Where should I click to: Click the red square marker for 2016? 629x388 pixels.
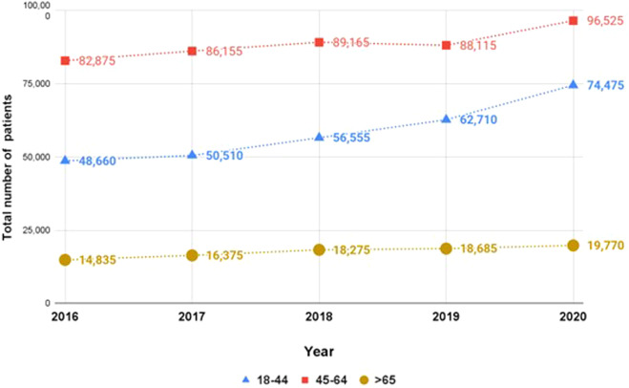click(65, 60)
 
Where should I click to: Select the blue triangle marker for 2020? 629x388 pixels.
click(573, 85)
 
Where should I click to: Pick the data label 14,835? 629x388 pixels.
click(94, 260)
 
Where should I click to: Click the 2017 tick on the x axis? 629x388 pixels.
click(192, 317)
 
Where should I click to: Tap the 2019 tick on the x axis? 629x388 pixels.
click(446, 317)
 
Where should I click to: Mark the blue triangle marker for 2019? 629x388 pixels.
click(446, 119)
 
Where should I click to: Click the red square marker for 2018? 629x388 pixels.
click(319, 42)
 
